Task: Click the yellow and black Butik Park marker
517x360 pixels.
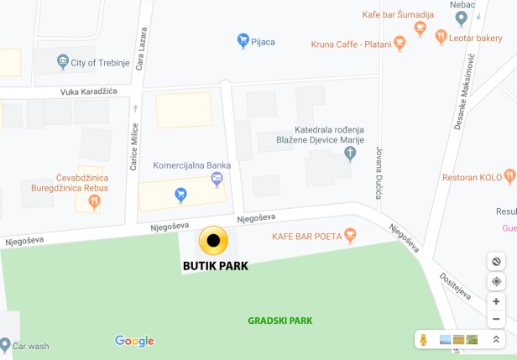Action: (213, 242)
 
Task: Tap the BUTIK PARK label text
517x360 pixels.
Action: (216, 267)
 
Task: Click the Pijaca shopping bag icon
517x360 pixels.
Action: (243, 39)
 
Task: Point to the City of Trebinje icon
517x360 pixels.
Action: (62, 61)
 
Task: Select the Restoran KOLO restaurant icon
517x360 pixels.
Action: (509, 177)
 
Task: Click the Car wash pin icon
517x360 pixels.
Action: (6, 344)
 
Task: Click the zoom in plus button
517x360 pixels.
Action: (496, 301)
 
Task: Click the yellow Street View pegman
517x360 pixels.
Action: (423, 339)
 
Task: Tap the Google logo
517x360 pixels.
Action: (134, 341)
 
